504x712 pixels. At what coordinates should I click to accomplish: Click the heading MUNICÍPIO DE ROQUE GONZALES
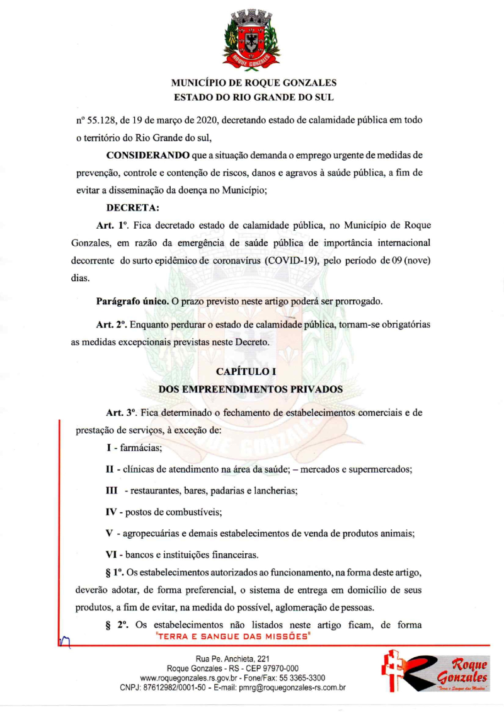[254, 83]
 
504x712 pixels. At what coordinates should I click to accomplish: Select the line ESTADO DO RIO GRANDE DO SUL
[254, 98]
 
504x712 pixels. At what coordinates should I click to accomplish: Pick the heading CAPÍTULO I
[250, 372]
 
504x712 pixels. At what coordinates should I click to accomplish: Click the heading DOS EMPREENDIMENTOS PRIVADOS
[250, 389]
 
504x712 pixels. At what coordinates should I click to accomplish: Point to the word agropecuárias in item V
[151, 533]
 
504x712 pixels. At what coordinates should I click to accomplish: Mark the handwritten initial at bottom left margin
[66, 641]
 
